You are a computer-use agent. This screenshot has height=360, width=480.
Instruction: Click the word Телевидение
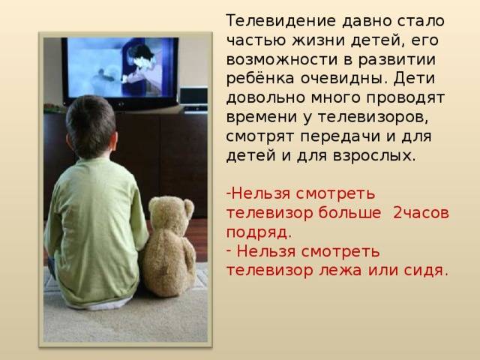pos(281,21)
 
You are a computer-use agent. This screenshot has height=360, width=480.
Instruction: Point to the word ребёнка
pos(260,78)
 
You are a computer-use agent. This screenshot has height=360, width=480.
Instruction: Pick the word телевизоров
pos(373,117)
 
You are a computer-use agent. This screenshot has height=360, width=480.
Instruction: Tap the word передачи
pos(340,136)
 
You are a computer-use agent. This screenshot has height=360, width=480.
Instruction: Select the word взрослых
pos(374,155)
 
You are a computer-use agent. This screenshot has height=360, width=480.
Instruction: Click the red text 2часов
pos(421,213)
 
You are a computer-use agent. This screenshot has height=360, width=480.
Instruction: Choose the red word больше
pos(349,212)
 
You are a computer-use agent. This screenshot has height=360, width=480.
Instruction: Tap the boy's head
pos(91,127)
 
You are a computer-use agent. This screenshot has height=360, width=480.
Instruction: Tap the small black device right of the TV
pos(193,96)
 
